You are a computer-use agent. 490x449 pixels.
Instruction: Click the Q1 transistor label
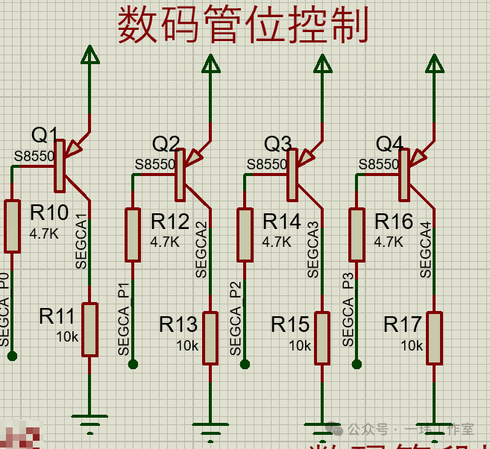coord(45,135)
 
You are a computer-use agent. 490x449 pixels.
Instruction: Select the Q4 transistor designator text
coord(389,143)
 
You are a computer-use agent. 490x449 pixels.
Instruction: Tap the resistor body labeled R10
coord(12,226)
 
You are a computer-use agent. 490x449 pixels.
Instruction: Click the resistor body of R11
coord(89,329)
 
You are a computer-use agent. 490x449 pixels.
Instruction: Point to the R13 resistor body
coord(210,339)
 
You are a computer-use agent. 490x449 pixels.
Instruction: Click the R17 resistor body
coord(434,339)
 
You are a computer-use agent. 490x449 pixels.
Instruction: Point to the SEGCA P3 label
coord(348,310)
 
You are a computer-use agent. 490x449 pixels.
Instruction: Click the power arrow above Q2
coord(211,65)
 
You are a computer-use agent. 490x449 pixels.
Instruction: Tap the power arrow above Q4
coord(435,65)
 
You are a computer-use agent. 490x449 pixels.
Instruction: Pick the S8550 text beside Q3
coord(266,164)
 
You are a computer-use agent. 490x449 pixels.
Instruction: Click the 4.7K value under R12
coord(165,242)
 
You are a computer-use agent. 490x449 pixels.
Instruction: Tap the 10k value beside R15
coord(300,346)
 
